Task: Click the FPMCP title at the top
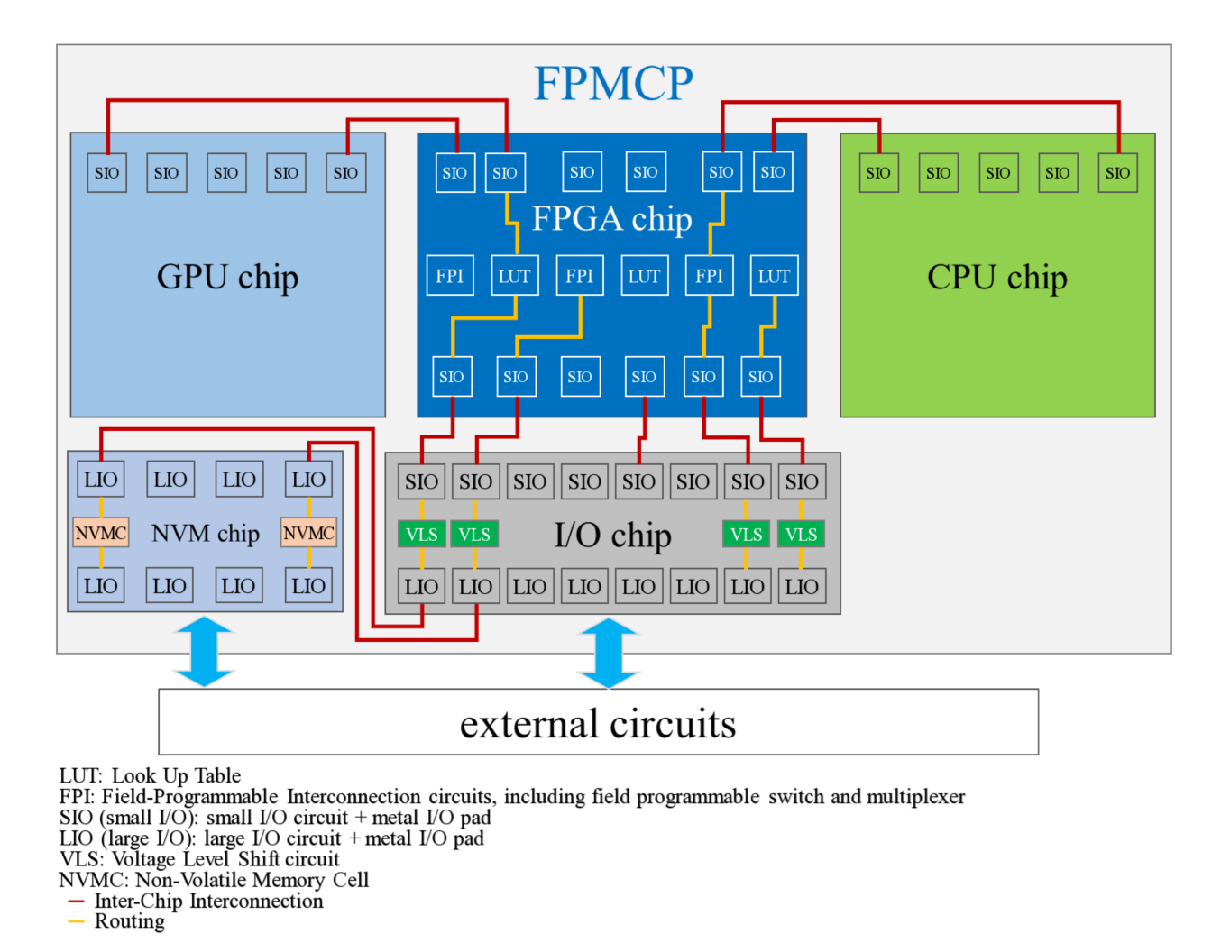(613, 83)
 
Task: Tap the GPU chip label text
(227, 277)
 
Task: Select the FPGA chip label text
(612, 218)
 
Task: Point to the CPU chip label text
(996, 277)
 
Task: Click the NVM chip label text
(206, 533)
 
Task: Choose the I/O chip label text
(612, 535)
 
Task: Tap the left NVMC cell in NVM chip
(101, 532)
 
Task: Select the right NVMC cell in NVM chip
(308, 532)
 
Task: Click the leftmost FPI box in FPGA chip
(450, 276)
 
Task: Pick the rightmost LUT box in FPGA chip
(775, 276)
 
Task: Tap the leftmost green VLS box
(422, 534)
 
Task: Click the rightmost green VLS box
(801, 534)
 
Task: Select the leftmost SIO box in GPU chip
(107, 172)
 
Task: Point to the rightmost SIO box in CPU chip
(1118, 172)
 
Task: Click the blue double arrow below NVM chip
(204, 651)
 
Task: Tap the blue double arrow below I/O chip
(609, 653)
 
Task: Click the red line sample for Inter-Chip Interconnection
(76, 902)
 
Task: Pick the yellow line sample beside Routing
(76, 921)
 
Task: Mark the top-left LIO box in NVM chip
(101, 479)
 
